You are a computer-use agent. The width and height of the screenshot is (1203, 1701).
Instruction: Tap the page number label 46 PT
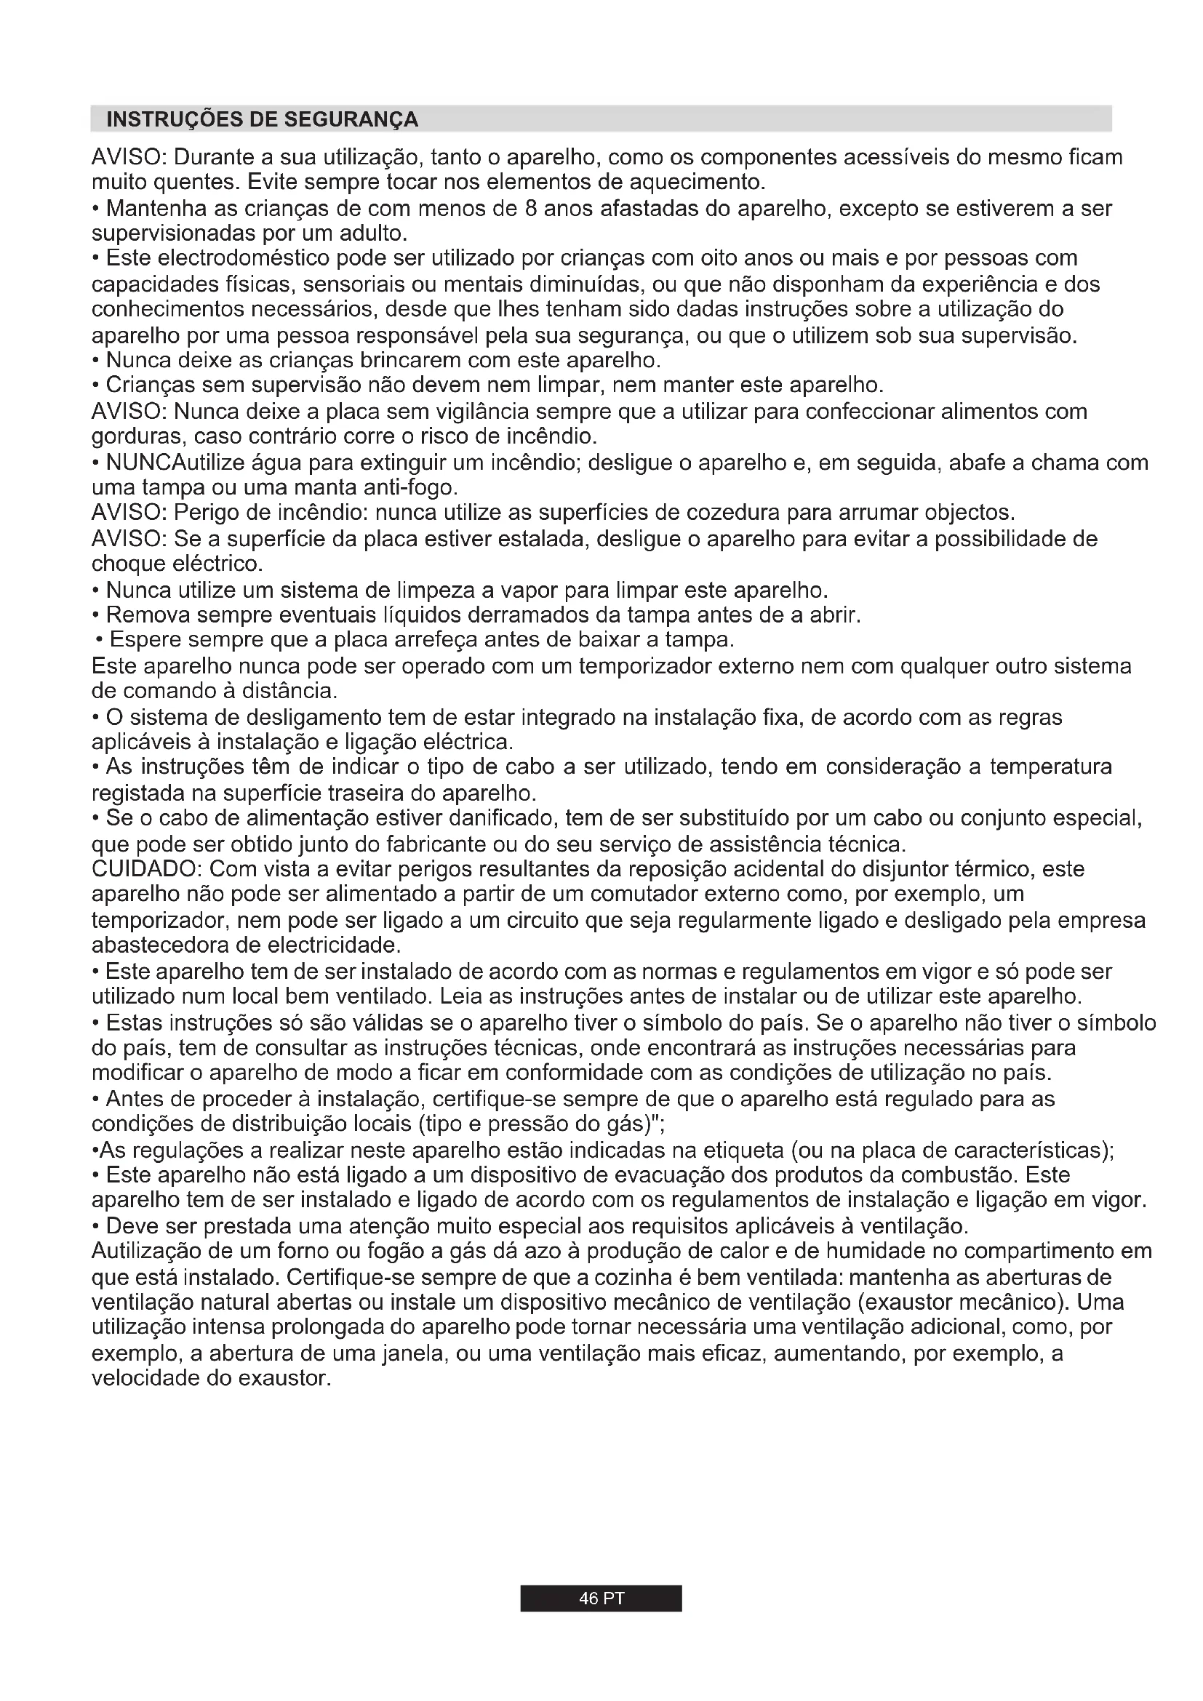coord(601,1598)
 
